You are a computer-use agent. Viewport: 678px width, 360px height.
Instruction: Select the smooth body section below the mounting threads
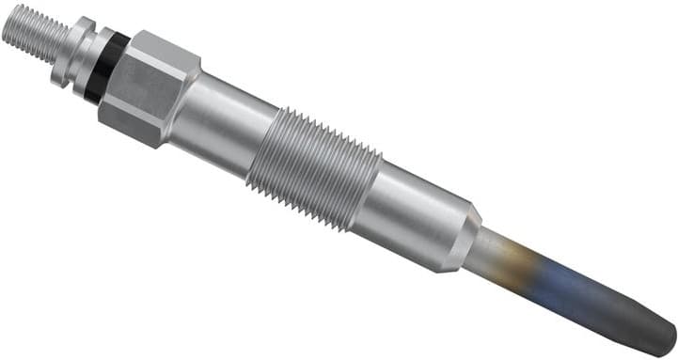(x=414, y=220)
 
